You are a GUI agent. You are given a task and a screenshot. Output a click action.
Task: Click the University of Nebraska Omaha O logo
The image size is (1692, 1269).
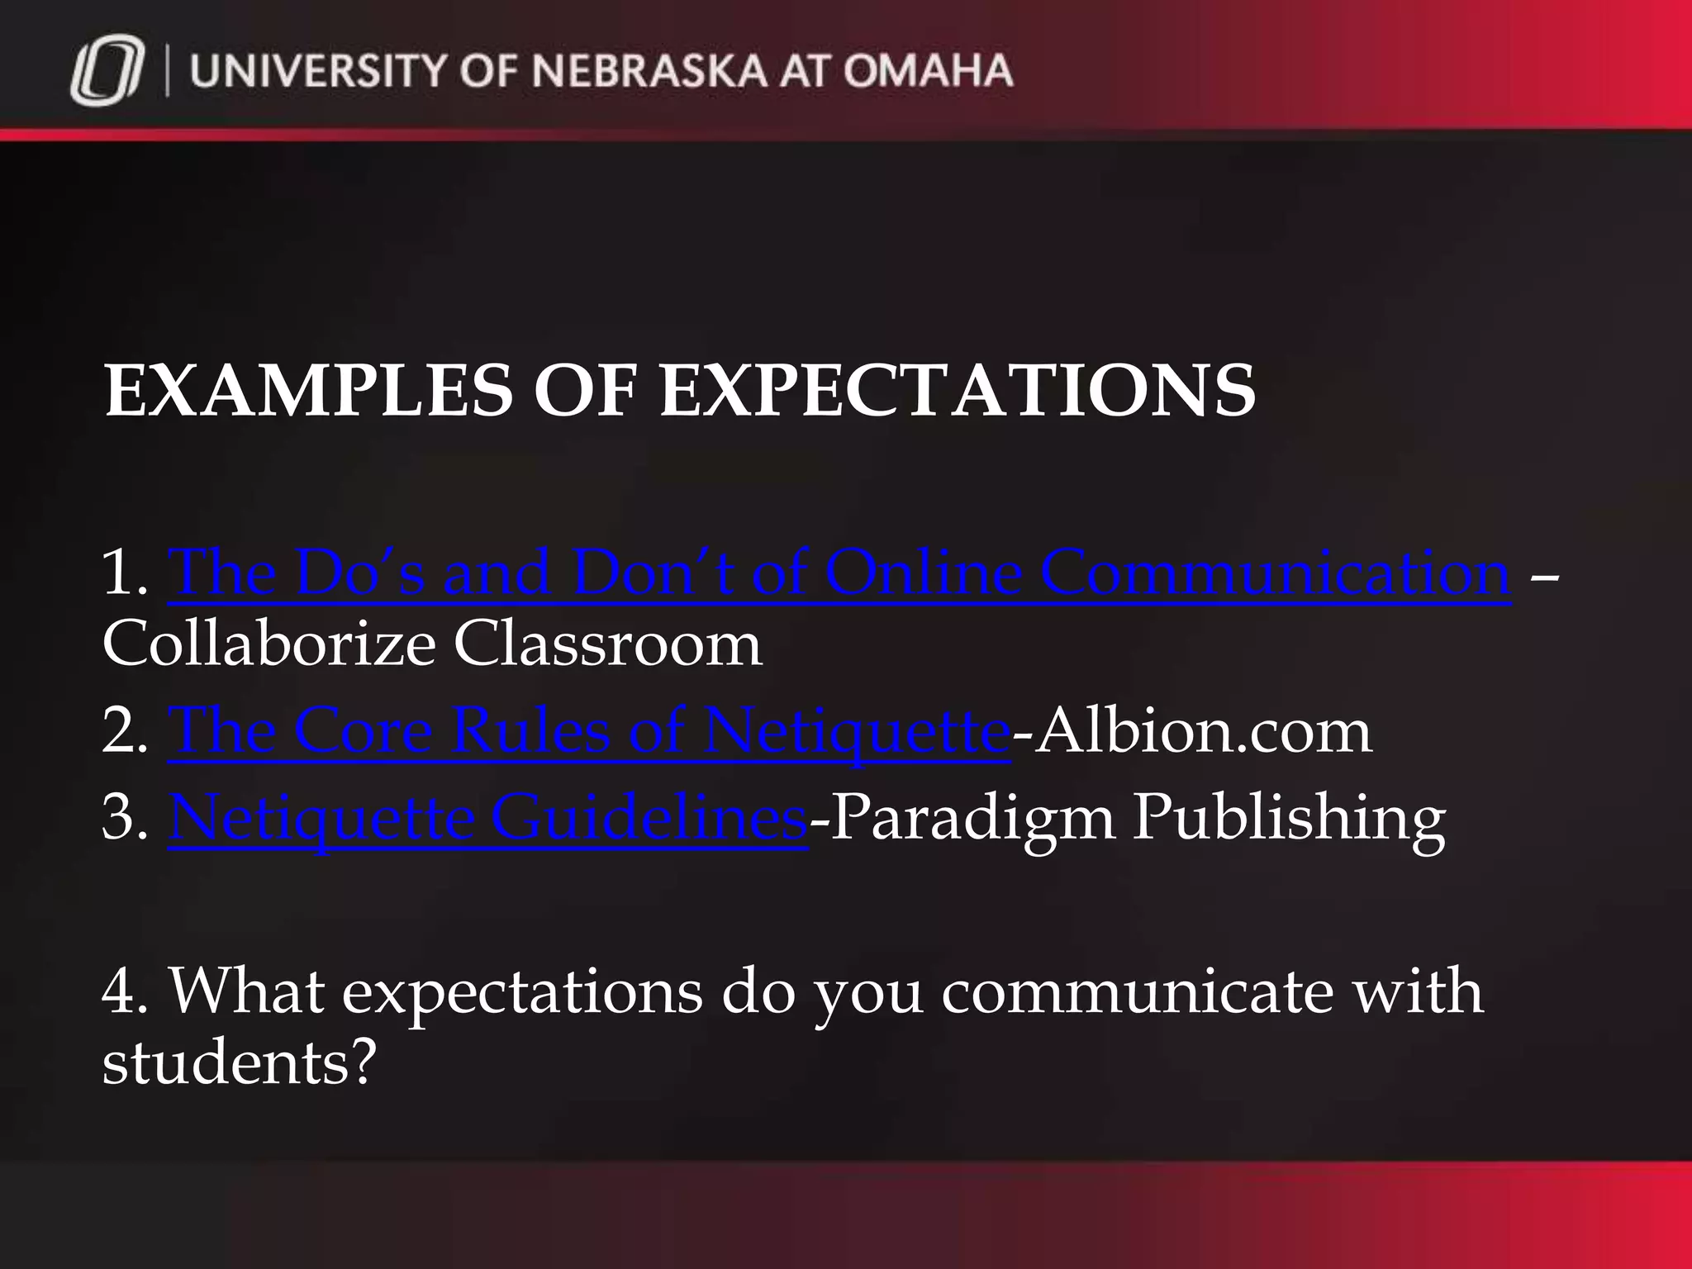[107, 74]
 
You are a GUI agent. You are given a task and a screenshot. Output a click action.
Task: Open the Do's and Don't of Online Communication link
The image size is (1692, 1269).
[839, 572]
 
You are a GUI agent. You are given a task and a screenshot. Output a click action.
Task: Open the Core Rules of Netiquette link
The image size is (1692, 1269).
[588, 730]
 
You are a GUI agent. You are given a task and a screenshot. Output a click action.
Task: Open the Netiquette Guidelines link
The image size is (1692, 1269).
[487, 817]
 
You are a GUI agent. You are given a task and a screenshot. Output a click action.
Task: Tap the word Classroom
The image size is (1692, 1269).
[607, 644]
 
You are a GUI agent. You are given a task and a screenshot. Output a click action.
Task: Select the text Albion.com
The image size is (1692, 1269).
[1202, 730]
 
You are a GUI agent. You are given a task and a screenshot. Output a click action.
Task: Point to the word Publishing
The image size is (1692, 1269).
[1289, 817]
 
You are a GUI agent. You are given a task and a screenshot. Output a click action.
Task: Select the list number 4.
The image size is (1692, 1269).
[124, 991]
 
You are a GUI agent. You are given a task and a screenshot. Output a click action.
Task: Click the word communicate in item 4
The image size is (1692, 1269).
[1137, 991]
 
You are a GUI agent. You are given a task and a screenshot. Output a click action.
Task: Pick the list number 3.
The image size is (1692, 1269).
[124, 817]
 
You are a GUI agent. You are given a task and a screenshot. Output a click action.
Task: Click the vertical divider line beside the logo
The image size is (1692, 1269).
[169, 72]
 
